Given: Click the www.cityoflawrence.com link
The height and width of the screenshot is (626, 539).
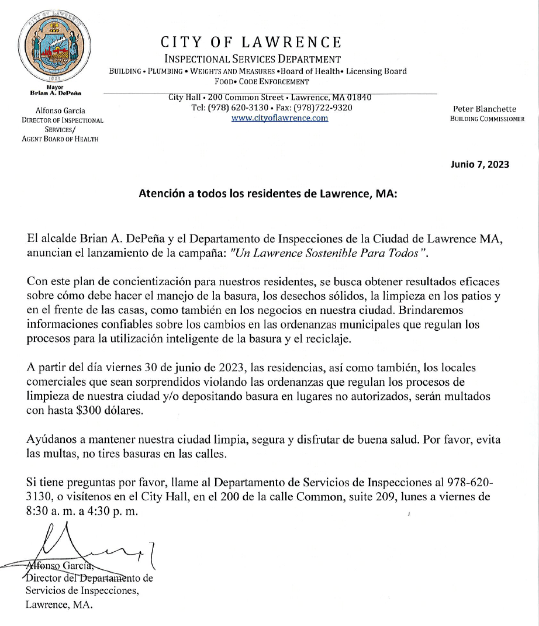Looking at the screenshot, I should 279,118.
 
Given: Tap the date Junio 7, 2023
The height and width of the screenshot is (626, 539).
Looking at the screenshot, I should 480,164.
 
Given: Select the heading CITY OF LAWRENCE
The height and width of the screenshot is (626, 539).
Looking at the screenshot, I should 251,43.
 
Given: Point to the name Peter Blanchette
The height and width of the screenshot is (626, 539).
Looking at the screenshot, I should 485,109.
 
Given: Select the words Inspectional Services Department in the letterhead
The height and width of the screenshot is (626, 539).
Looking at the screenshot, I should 253,59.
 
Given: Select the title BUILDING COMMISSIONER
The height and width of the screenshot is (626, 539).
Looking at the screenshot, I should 486,119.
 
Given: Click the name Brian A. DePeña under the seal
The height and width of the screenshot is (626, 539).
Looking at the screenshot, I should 56,93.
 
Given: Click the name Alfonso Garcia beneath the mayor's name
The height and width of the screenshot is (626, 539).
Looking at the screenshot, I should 60,110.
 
